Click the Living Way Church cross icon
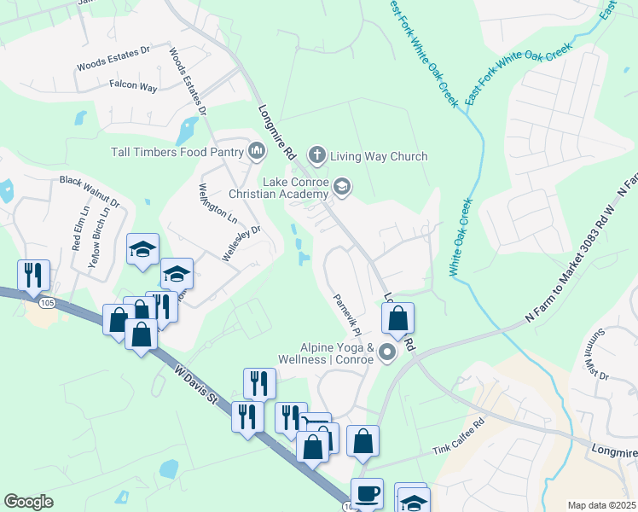click(316, 155)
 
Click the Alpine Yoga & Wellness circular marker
click(387, 352)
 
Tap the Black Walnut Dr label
click(90, 181)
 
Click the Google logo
click(28, 502)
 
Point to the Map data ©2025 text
click(600, 505)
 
